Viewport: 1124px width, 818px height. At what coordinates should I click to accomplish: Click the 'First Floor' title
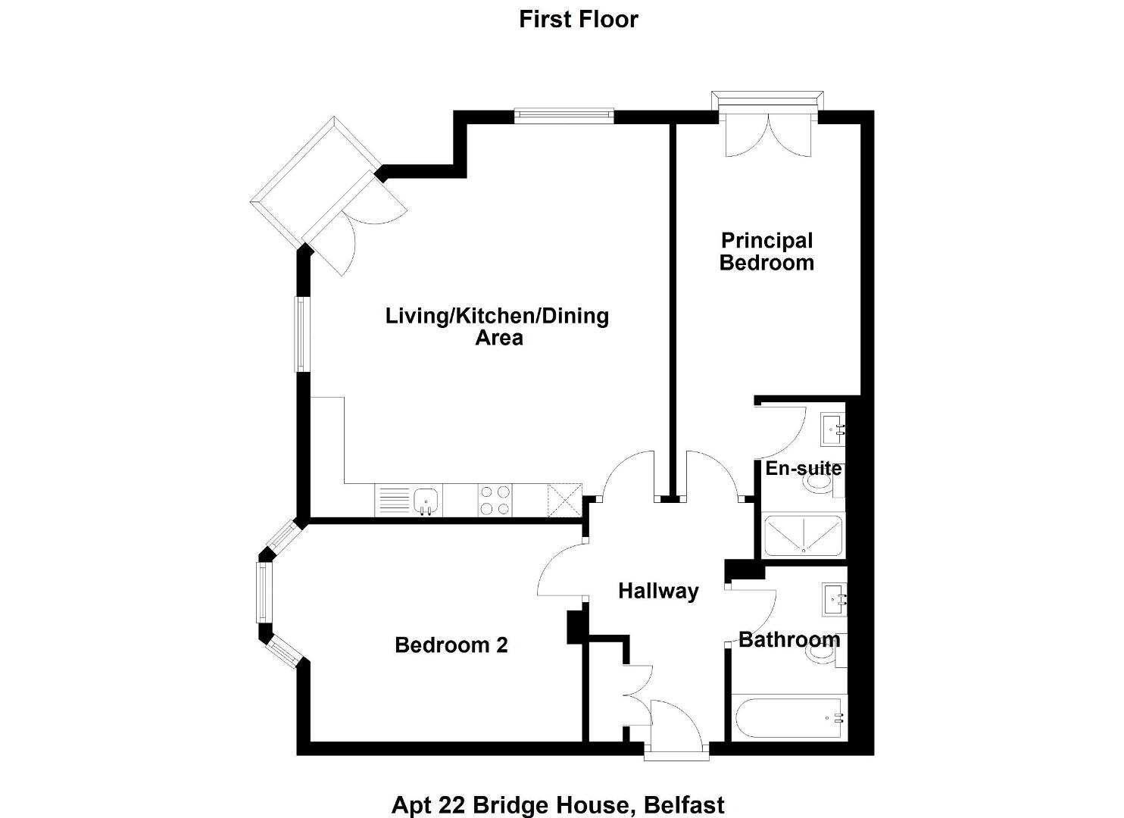pyautogui.click(x=578, y=20)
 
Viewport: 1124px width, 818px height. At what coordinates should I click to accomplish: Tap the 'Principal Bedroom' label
pyautogui.click(x=767, y=252)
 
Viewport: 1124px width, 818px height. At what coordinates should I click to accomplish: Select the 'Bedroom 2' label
pyautogui.click(x=451, y=645)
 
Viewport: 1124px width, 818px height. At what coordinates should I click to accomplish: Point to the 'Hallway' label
pyautogui.click(x=658, y=592)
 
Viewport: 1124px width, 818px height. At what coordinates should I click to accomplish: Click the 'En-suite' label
pyautogui.click(x=804, y=468)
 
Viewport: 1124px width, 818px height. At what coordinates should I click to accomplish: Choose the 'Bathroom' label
pyautogui.click(x=789, y=640)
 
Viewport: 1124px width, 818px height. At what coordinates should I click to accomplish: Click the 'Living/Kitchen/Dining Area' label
pyautogui.click(x=498, y=326)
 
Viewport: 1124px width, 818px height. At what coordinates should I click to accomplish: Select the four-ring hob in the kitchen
pyautogui.click(x=495, y=500)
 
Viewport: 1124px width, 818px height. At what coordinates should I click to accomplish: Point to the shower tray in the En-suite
pyautogui.click(x=803, y=535)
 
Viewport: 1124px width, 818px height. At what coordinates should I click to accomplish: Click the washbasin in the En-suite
pyautogui.click(x=833, y=429)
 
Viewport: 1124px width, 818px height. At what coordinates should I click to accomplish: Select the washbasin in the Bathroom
pyautogui.click(x=835, y=599)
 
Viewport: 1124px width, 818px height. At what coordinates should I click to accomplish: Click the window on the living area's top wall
pyautogui.click(x=564, y=116)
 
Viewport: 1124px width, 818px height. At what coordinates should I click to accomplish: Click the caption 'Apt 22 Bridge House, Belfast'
pyautogui.click(x=557, y=805)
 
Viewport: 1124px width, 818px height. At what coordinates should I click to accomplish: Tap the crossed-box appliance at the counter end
pyautogui.click(x=565, y=500)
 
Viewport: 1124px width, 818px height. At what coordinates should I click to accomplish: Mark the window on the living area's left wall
pyautogui.click(x=302, y=334)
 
